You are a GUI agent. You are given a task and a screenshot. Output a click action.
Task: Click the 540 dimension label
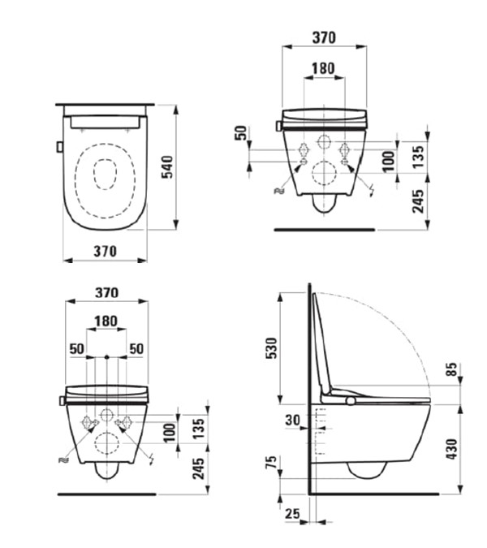click(168, 167)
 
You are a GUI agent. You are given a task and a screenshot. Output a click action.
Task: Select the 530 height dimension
click(271, 348)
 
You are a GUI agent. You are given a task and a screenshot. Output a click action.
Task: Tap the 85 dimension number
click(452, 369)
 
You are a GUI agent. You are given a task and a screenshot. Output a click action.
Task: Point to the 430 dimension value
click(452, 449)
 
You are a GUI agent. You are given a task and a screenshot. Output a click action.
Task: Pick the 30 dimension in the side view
click(292, 420)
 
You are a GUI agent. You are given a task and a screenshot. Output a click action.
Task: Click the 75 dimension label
click(272, 462)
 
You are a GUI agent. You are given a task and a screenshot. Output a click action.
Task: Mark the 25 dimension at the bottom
click(292, 513)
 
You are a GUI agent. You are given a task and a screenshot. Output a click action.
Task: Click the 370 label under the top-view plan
click(106, 251)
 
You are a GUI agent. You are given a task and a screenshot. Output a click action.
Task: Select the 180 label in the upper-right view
click(323, 68)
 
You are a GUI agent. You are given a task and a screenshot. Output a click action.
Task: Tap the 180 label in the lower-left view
click(106, 321)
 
